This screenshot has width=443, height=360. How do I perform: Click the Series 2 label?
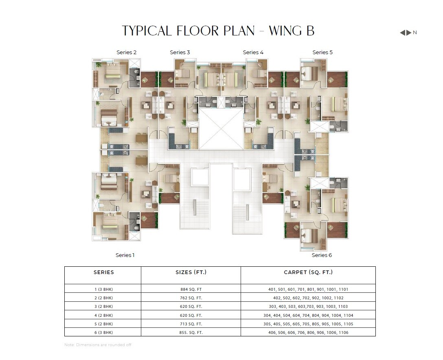126,52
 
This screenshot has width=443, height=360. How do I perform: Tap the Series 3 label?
180,52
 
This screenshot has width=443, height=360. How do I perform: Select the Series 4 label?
253,52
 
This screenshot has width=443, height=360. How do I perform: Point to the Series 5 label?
322,52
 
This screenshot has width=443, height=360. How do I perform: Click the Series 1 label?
125,255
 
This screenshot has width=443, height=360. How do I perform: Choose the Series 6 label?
322,255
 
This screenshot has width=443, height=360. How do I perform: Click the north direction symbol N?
415,33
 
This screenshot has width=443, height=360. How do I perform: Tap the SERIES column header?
104,272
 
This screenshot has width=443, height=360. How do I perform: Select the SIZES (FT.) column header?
191,272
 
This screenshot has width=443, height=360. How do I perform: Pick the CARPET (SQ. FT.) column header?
308,272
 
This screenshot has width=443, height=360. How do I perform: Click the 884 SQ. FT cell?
191,290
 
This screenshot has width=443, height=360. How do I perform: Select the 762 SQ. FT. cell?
191,298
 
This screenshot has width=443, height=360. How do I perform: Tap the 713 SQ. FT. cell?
191,324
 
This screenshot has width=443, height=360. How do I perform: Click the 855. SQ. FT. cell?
191,333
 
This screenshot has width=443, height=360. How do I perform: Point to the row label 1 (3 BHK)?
104,290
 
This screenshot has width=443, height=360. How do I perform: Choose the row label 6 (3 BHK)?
104,333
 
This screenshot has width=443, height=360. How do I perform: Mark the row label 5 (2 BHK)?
104,324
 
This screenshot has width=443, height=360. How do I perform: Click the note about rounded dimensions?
98,345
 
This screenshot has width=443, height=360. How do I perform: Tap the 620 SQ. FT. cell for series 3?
191,307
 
